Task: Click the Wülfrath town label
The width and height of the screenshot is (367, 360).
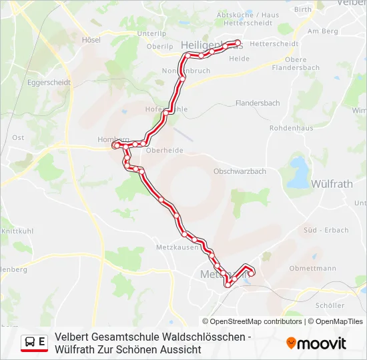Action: tap(332, 183)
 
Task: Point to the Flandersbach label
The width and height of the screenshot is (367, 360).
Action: tap(258, 103)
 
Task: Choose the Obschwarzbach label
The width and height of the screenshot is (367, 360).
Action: tap(240, 171)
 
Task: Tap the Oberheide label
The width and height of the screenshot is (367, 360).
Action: tap(164, 151)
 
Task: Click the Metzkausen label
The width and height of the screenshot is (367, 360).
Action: tap(177, 247)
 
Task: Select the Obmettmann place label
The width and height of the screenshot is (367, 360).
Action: tap(312, 269)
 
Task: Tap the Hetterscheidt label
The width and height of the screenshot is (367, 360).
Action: tap(273, 44)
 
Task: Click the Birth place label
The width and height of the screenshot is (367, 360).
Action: tap(303, 10)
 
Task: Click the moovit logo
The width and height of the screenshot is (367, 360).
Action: tap(316, 343)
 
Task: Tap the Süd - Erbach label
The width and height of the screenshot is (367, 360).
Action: tap(326, 231)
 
